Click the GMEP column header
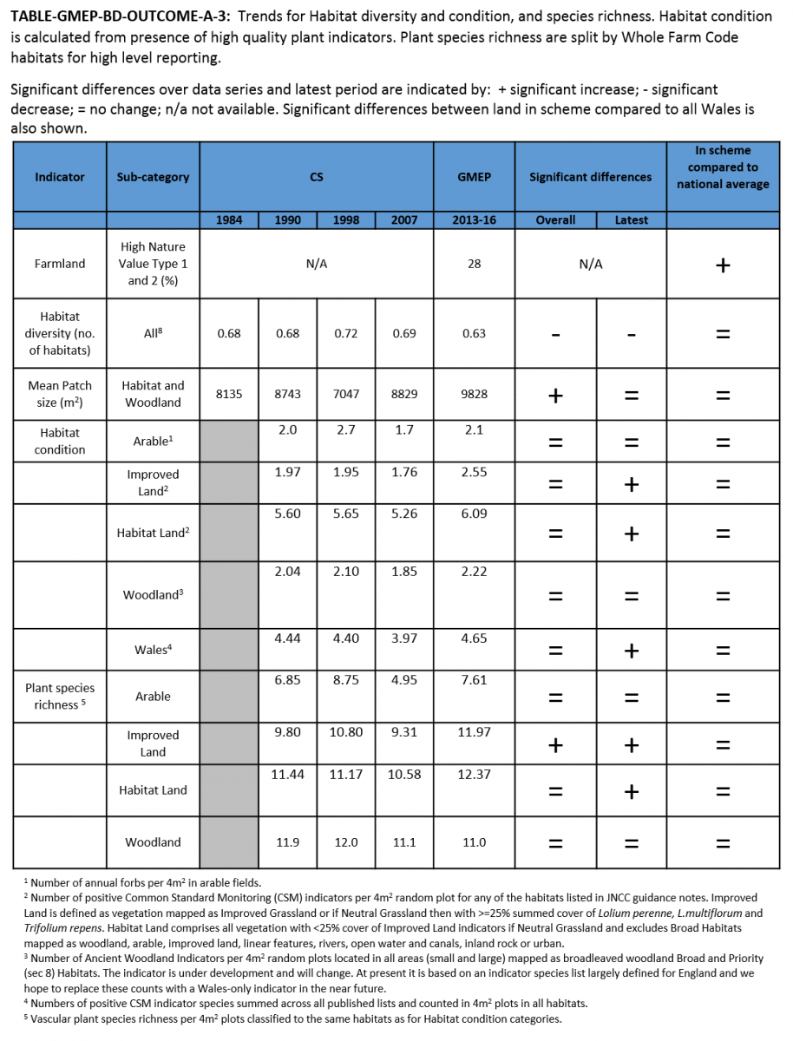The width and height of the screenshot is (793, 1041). pyautogui.click(x=474, y=177)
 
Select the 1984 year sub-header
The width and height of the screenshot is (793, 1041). pyautogui.click(x=229, y=219)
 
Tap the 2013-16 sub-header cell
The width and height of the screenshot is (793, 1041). pyautogui.click(x=474, y=219)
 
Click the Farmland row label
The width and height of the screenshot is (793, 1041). pyautogui.click(x=59, y=264)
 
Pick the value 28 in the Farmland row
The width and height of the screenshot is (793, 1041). pyautogui.click(x=474, y=264)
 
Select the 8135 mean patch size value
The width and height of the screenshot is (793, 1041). pyautogui.click(x=229, y=394)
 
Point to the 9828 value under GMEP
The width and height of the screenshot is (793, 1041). pyautogui.click(x=474, y=394)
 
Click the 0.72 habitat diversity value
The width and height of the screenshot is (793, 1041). pyautogui.click(x=346, y=333)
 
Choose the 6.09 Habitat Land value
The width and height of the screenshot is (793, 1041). pyautogui.click(x=474, y=514)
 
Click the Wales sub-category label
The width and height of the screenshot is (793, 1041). pyautogui.click(x=151, y=650)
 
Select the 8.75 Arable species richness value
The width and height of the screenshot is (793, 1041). pyautogui.click(x=346, y=680)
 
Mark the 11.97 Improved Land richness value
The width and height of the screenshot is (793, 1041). pyautogui.click(x=474, y=732)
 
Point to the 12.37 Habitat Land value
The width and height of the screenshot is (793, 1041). pyautogui.click(x=474, y=774)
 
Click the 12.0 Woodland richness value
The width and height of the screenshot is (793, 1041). pyautogui.click(x=346, y=842)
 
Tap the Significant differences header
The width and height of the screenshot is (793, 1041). pyautogui.click(x=590, y=177)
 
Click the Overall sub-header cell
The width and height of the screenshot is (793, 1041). pyautogui.click(x=555, y=219)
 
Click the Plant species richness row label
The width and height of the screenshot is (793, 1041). pyautogui.click(x=59, y=697)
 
